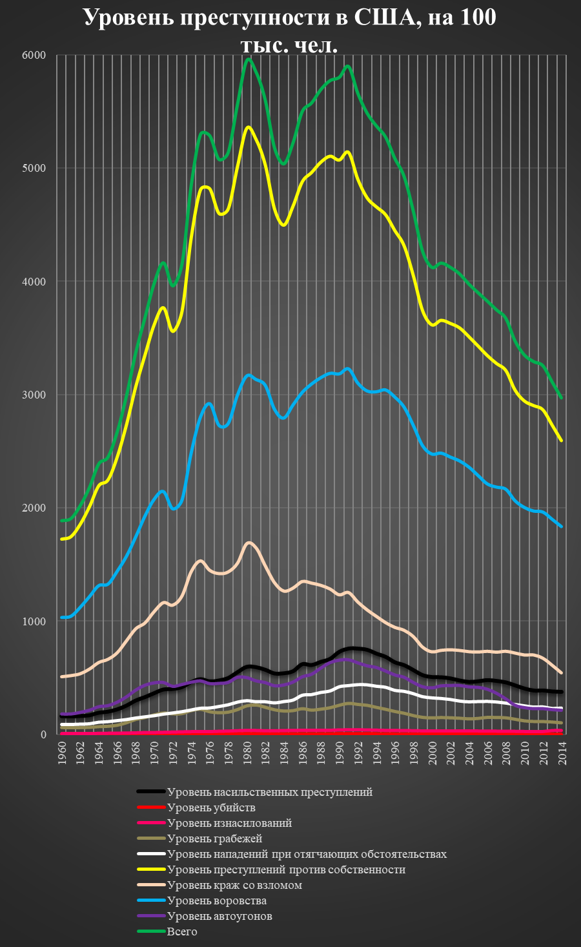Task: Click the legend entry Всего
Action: (182, 931)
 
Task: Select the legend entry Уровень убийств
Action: (211, 807)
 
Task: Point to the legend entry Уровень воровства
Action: (216, 900)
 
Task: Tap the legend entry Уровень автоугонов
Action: (219, 916)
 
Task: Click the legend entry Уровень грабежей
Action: (214, 838)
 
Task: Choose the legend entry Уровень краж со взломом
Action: (234, 885)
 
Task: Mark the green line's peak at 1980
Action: (248, 59)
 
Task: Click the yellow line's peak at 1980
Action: (248, 127)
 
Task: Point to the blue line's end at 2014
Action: (562, 527)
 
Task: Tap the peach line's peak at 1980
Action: (249, 543)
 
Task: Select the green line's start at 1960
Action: (63, 521)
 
